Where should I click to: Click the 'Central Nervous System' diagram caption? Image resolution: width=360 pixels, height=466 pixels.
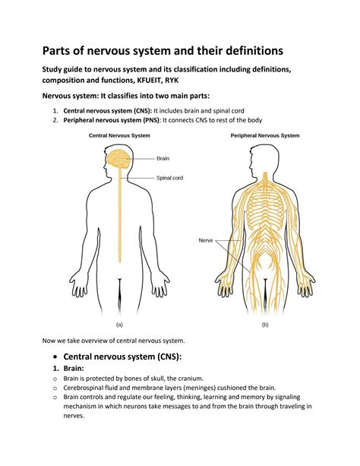point(119,135)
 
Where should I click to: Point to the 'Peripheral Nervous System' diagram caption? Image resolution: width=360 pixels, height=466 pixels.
point(265,135)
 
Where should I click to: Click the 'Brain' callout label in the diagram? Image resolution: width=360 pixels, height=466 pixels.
point(163,159)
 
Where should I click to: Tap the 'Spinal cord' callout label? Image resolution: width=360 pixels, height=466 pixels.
point(169,178)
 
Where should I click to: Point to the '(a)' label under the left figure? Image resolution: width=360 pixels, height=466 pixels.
point(119,322)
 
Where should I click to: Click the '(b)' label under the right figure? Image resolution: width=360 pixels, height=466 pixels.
point(265,322)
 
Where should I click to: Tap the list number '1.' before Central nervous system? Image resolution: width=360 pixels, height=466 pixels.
point(55,110)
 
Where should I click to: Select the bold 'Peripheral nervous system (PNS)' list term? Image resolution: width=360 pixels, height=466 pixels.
point(110,120)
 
